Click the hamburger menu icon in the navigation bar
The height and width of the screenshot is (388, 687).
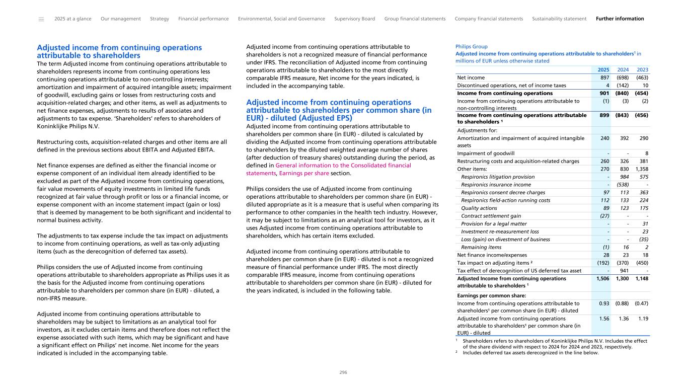coord(41,19)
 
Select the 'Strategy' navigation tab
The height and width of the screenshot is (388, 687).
coord(160,19)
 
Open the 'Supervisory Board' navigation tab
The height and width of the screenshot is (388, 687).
coord(354,19)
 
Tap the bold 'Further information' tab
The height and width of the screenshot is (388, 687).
coord(620,19)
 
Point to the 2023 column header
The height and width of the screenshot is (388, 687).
coord(643,70)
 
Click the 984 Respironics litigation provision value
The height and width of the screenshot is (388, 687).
coord(625,177)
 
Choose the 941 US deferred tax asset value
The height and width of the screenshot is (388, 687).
coord(625,271)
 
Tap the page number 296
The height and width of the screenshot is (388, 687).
coord(343,372)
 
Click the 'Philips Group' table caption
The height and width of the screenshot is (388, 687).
coord(471,46)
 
